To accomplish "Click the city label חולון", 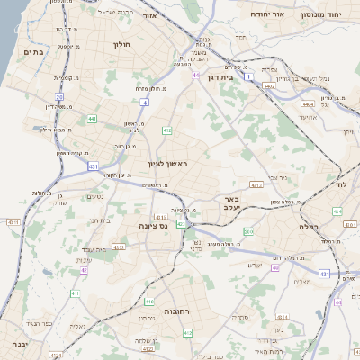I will tap(121, 44).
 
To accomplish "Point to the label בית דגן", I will tap(238, 77).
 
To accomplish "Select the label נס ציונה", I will tap(153, 227).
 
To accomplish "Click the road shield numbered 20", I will tap(59, 95).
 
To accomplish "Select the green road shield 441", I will tap(93, 118).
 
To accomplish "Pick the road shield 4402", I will tap(269, 86).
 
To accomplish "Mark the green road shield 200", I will tap(248, 232).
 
